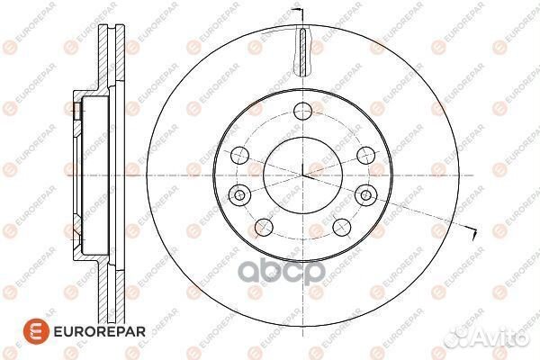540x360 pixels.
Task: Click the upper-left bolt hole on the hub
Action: [x=238, y=155]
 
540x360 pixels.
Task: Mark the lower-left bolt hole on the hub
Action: [x=264, y=227]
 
